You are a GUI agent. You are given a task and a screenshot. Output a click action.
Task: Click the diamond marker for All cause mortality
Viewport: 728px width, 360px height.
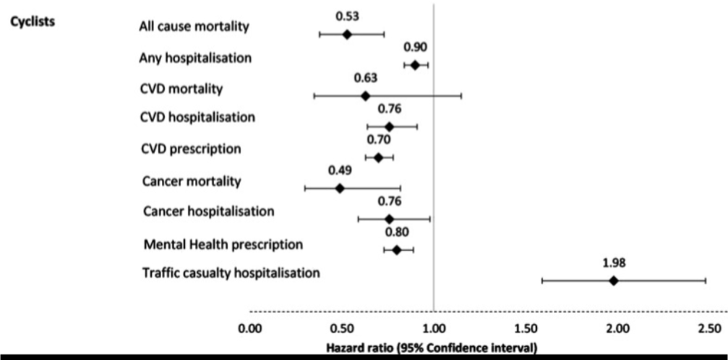click(x=347, y=34)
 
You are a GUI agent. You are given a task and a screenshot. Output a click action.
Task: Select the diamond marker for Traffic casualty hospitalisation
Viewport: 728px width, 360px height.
click(x=614, y=280)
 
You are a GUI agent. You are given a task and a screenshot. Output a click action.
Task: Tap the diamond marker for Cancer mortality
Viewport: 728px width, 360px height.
click(x=340, y=188)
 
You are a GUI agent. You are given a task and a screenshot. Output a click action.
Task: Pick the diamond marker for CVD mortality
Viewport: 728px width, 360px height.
click(x=365, y=95)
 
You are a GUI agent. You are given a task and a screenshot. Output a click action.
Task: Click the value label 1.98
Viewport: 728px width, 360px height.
click(x=614, y=263)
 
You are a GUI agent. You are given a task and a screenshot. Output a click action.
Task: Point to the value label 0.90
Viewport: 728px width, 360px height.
click(x=415, y=47)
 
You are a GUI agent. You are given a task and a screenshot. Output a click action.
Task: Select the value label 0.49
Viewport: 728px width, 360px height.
click(x=340, y=171)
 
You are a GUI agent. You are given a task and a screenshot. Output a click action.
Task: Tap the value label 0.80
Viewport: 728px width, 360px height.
click(x=397, y=232)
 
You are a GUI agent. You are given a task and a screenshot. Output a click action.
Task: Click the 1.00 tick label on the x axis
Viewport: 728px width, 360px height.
click(x=433, y=330)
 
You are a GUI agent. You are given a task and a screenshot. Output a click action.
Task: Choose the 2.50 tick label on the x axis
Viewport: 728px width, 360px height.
click(x=709, y=330)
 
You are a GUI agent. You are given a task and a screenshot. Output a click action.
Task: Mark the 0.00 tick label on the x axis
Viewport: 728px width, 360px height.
click(x=249, y=330)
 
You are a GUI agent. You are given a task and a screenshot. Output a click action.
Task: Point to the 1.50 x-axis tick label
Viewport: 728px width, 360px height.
click(x=525, y=330)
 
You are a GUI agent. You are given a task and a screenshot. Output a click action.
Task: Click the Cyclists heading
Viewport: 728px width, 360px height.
click(x=33, y=21)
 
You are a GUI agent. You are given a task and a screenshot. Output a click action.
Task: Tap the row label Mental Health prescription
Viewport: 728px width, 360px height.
click(x=223, y=244)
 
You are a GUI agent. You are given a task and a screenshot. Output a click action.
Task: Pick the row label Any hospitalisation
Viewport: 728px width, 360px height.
click(x=195, y=58)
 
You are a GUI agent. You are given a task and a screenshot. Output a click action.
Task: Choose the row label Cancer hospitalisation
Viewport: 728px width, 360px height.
click(x=209, y=211)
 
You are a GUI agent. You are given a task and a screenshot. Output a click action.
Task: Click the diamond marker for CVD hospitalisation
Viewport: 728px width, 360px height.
click(x=390, y=127)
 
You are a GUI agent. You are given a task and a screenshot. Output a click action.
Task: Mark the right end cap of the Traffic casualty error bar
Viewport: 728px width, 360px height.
click(x=706, y=280)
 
